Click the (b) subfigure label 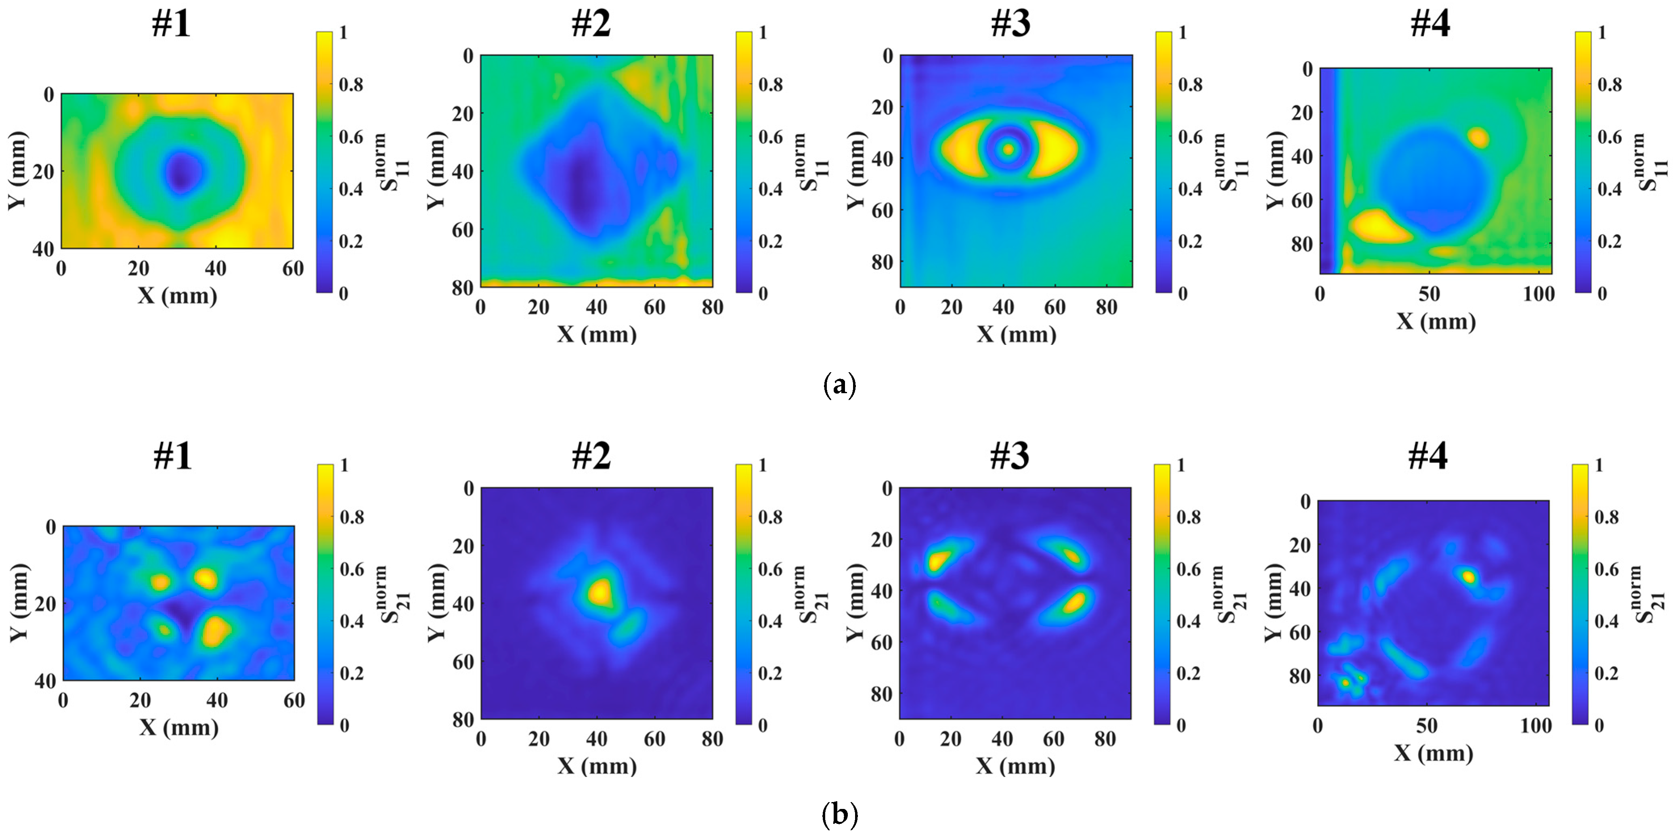839,814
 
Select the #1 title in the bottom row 173,456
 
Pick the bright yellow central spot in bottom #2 600,593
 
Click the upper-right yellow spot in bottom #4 1468,576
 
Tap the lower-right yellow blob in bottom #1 215,631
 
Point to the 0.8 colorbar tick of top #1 351,84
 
